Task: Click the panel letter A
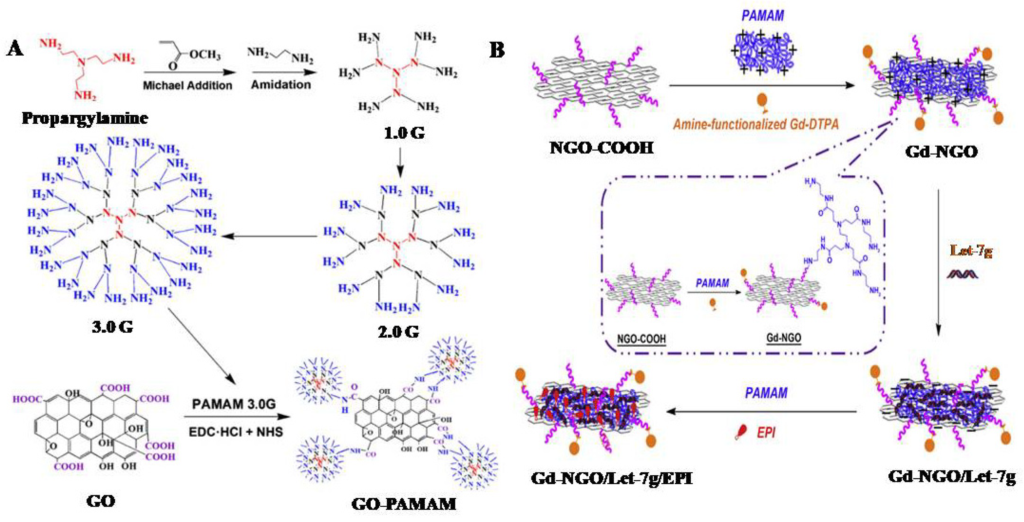(15, 49)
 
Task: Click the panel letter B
(497, 51)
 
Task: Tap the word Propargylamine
(85, 118)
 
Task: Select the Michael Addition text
(187, 85)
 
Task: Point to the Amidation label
(281, 84)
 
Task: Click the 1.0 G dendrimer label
(404, 133)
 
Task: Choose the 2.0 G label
(398, 331)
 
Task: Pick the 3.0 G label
(112, 327)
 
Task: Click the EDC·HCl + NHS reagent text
(236, 432)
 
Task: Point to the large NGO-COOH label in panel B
(601, 148)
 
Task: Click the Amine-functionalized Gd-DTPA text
(756, 124)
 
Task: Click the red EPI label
(766, 433)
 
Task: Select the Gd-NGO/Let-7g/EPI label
(612, 478)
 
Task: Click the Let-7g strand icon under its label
(962, 274)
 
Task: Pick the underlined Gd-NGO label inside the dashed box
(783, 338)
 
